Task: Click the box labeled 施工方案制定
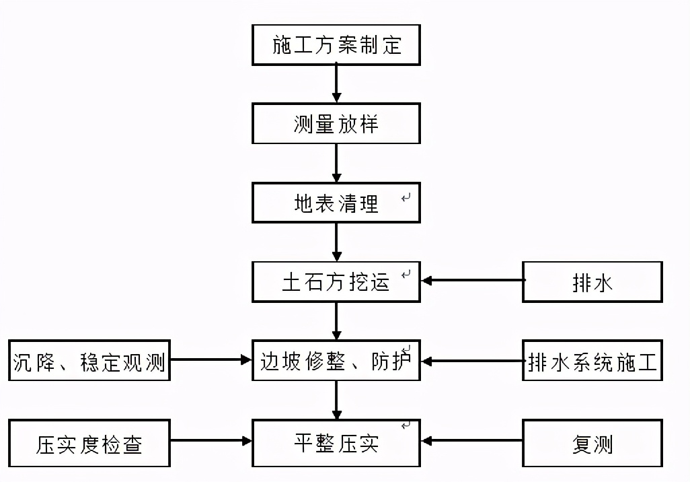point(336,45)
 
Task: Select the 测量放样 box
point(336,124)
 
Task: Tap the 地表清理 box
point(336,203)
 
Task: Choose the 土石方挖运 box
point(336,281)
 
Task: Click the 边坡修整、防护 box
point(336,361)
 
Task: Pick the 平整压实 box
point(336,442)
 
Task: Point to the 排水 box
point(592,282)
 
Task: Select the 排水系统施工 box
point(592,361)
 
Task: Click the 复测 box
point(592,443)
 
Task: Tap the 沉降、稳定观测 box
point(89,361)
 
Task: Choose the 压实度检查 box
point(89,443)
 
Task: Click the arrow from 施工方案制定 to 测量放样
point(336,84)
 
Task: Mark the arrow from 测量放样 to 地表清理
point(336,163)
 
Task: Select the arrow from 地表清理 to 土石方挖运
point(336,242)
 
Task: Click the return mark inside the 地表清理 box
point(406,198)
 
